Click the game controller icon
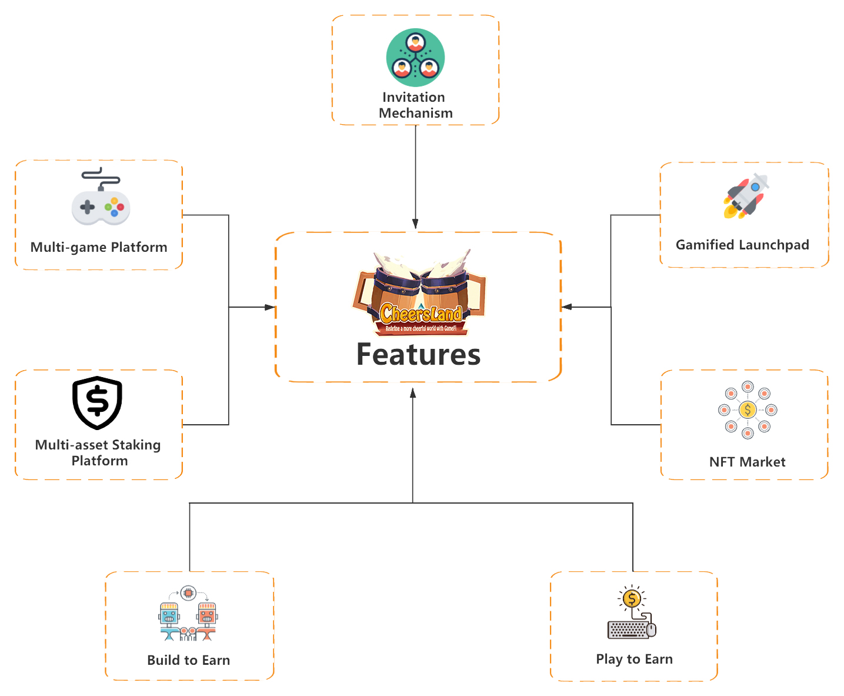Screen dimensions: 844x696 101,197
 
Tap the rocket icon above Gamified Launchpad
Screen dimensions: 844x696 746,196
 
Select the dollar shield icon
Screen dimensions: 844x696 97,403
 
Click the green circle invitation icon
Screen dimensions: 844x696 416,58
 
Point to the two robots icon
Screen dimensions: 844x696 188,613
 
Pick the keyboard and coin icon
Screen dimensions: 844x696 632,612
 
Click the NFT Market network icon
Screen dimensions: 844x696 748,409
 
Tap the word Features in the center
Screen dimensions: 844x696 418,354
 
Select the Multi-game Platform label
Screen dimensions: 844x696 99,247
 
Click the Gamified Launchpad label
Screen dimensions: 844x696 742,245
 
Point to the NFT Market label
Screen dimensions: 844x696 748,462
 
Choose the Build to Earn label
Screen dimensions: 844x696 188,660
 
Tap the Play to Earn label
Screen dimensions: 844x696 634,659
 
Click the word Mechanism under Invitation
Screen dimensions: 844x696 416,113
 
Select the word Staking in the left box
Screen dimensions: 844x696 136,445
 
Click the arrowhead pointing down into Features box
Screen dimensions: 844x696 415,224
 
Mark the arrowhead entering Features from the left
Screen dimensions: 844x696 270,307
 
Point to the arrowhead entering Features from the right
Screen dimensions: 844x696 567,307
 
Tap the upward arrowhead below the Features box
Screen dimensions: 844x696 413,393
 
